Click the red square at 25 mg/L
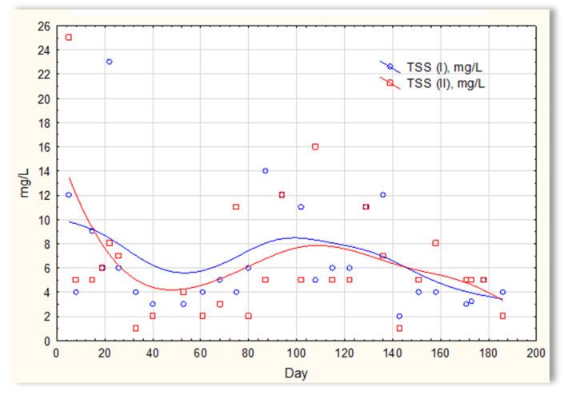pyautogui.click(x=69, y=38)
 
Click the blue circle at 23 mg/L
pyautogui.click(x=110, y=62)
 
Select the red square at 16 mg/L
pyautogui.click(x=315, y=146)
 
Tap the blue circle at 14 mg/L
pyautogui.click(x=265, y=170)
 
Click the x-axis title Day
pyautogui.click(x=296, y=373)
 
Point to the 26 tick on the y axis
pyautogui.click(x=43, y=26)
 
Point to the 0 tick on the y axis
pyautogui.click(x=46, y=341)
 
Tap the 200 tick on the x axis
pyautogui.click(x=537, y=353)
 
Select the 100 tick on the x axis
pyautogui.click(x=297, y=353)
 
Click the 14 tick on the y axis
pyautogui.click(x=43, y=171)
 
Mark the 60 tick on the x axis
pyautogui.click(x=201, y=353)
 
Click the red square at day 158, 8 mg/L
pyautogui.click(x=436, y=243)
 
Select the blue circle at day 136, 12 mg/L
pyautogui.click(x=383, y=195)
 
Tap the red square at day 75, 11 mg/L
pyautogui.click(x=236, y=207)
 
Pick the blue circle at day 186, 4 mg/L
pyautogui.click(x=503, y=292)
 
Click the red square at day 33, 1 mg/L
pyautogui.click(x=136, y=328)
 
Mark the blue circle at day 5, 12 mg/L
pyautogui.click(x=69, y=195)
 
